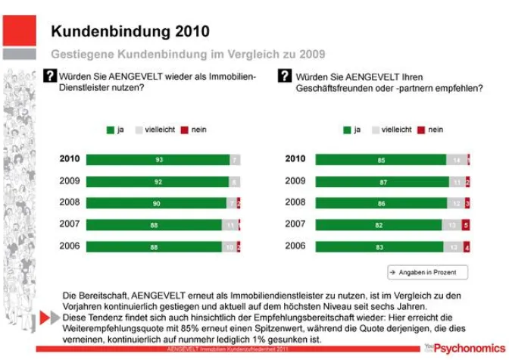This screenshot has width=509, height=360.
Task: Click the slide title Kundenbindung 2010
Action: pos(130,31)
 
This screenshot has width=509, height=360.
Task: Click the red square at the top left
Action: pos(19,30)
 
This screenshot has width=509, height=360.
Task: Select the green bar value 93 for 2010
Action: pos(158,160)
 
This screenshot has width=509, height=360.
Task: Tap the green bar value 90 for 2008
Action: pos(158,203)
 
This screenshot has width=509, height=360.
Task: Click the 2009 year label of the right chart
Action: pos(295,182)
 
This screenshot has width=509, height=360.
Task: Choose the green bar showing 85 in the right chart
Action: pos(380,160)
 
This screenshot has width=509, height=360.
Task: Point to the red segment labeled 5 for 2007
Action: pos(466,225)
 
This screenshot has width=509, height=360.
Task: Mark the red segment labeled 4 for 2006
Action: pos(467,247)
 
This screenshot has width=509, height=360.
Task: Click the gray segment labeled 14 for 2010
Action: pos(456,160)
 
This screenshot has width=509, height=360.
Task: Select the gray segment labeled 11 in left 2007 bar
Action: pos(230,225)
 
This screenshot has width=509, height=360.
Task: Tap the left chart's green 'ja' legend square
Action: pos(110,130)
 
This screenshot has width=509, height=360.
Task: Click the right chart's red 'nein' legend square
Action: pos(421,130)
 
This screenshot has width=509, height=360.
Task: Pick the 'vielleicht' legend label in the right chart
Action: pos(396,130)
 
